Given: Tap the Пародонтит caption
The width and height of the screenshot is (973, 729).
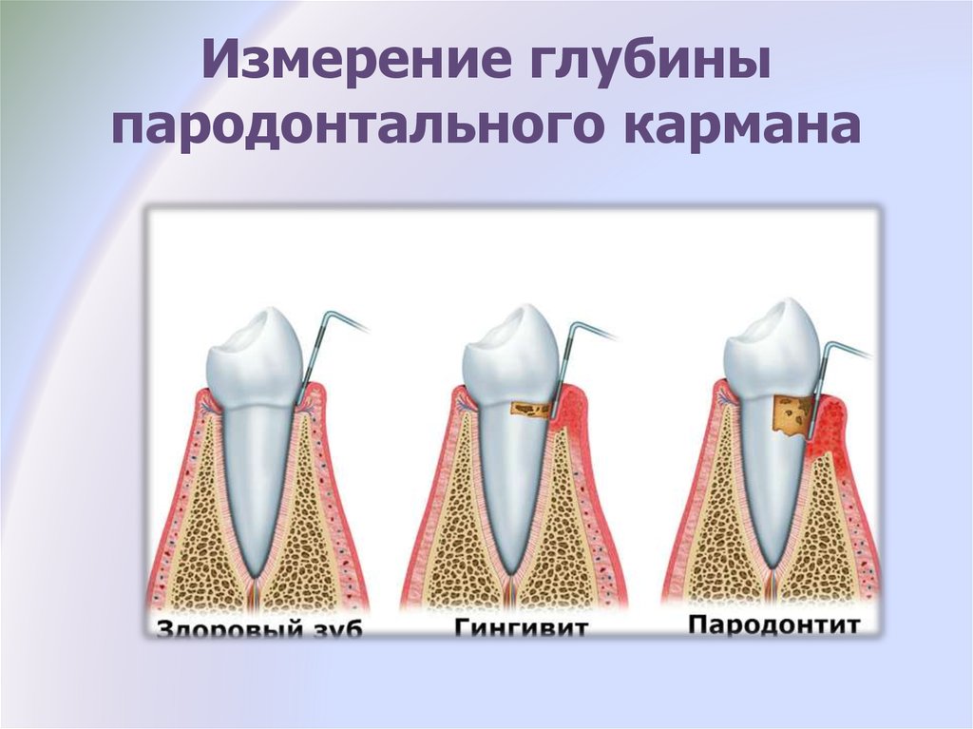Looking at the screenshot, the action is click(773, 624).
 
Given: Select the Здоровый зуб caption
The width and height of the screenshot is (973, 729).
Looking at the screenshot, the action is click(258, 628).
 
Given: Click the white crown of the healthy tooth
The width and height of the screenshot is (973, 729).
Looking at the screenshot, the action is click(256, 360).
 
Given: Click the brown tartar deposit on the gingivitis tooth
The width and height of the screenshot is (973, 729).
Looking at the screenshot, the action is click(530, 409).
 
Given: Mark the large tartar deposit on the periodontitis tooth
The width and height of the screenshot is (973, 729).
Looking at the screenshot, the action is click(792, 414).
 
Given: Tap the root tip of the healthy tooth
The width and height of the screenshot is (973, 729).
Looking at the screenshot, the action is click(254, 574).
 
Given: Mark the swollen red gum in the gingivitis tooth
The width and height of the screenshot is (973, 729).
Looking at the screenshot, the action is click(570, 410).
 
